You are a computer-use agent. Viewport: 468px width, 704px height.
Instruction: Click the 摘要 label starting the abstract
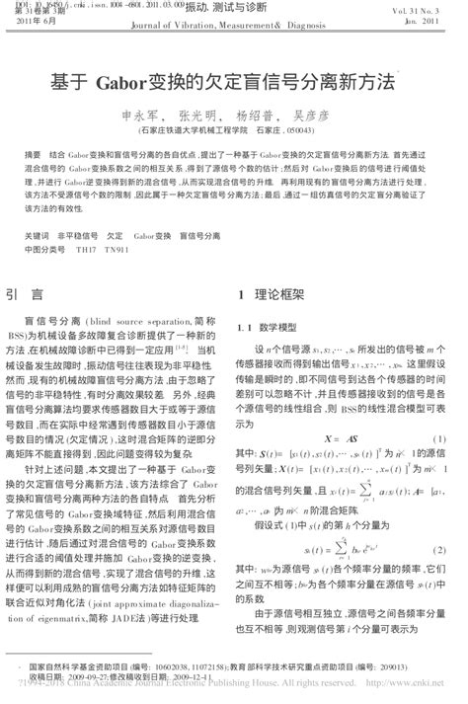point(33,156)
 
